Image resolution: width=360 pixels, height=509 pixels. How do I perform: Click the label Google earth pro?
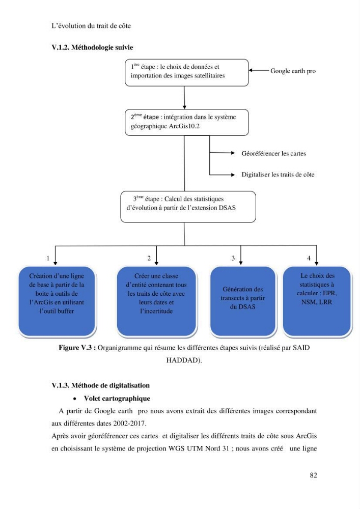click(x=293, y=71)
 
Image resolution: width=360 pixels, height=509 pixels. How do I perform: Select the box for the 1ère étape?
click(x=187, y=73)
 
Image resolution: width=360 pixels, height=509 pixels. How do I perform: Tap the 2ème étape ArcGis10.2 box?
click(x=187, y=122)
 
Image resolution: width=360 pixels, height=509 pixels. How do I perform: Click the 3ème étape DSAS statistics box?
click(x=188, y=207)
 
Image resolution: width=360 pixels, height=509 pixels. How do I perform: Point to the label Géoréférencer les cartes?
click(x=273, y=153)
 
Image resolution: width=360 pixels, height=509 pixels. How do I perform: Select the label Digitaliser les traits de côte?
click(x=278, y=174)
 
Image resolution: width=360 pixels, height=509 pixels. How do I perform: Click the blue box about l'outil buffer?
click(x=57, y=301)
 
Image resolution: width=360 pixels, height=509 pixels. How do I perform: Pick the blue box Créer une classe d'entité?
click(x=156, y=301)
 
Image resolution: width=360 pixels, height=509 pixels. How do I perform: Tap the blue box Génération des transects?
click(x=243, y=301)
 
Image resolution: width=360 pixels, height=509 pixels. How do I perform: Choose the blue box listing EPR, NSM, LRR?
click(x=317, y=301)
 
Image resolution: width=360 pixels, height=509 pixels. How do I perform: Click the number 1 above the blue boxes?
click(x=48, y=259)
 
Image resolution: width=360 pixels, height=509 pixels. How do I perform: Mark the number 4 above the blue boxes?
click(x=309, y=258)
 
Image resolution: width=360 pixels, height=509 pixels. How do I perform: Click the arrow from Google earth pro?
click(x=259, y=70)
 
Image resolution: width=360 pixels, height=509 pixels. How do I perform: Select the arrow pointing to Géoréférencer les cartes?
click(x=222, y=153)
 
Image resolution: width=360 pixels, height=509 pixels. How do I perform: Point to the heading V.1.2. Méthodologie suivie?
click(x=92, y=47)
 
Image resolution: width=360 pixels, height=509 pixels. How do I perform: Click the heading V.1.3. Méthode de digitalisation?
click(x=101, y=385)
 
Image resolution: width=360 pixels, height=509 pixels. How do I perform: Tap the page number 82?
click(x=313, y=475)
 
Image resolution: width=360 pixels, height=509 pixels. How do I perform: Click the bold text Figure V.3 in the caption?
click(x=77, y=348)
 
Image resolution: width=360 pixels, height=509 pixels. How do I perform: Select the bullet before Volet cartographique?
click(x=75, y=399)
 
